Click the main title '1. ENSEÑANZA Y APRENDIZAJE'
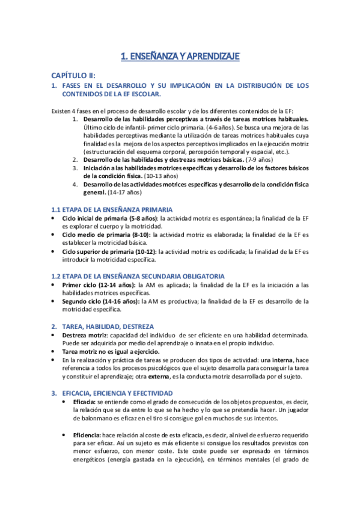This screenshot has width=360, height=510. pyautogui.click(x=180, y=57)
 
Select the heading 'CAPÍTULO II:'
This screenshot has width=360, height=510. pyautogui.click(x=74, y=76)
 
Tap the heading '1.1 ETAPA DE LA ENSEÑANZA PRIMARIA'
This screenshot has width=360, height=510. pyautogui.click(x=106, y=209)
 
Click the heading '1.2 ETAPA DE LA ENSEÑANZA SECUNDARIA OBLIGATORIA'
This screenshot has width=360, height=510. pyautogui.click(x=137, y=275)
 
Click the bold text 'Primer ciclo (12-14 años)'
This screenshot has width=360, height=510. pyautogui.click(x=99, y=284)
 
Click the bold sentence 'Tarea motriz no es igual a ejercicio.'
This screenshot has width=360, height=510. pyautogui.click(x=115, y=351)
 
